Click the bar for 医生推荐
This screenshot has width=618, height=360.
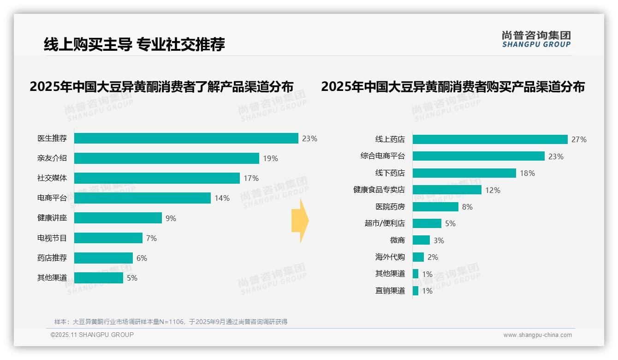(x=186, y=138)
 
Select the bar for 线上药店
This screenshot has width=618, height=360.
(x=490, y=139)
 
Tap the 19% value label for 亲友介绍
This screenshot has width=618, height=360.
(x=270, y=158)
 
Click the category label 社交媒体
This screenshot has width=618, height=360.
(x=52, y=178)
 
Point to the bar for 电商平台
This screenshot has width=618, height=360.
(x=142, y=198)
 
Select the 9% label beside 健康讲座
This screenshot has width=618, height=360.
(x=171, y=218)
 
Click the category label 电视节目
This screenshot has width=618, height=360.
(x=52, y=238)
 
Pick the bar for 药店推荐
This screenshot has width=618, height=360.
(x=103, y=258)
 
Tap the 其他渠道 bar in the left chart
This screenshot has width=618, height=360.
(x=98, y=278)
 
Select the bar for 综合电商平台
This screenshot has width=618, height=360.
(x=478, y=156)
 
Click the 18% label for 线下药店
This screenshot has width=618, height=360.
(x=527, y=173)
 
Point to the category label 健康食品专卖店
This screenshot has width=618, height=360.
(x=379, y=190)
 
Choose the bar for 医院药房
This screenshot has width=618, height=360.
(x=435, y=207)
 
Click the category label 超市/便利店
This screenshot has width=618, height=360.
(x=384, y=223)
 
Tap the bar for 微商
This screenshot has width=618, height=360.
(x=421, y=240)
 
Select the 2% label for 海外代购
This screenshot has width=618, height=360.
(x=433, y=257)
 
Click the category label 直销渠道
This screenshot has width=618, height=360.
(x=390, y=291)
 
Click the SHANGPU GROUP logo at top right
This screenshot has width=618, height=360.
(x=536, y=39)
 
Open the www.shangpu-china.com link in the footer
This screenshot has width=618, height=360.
(x=537, y=335)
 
